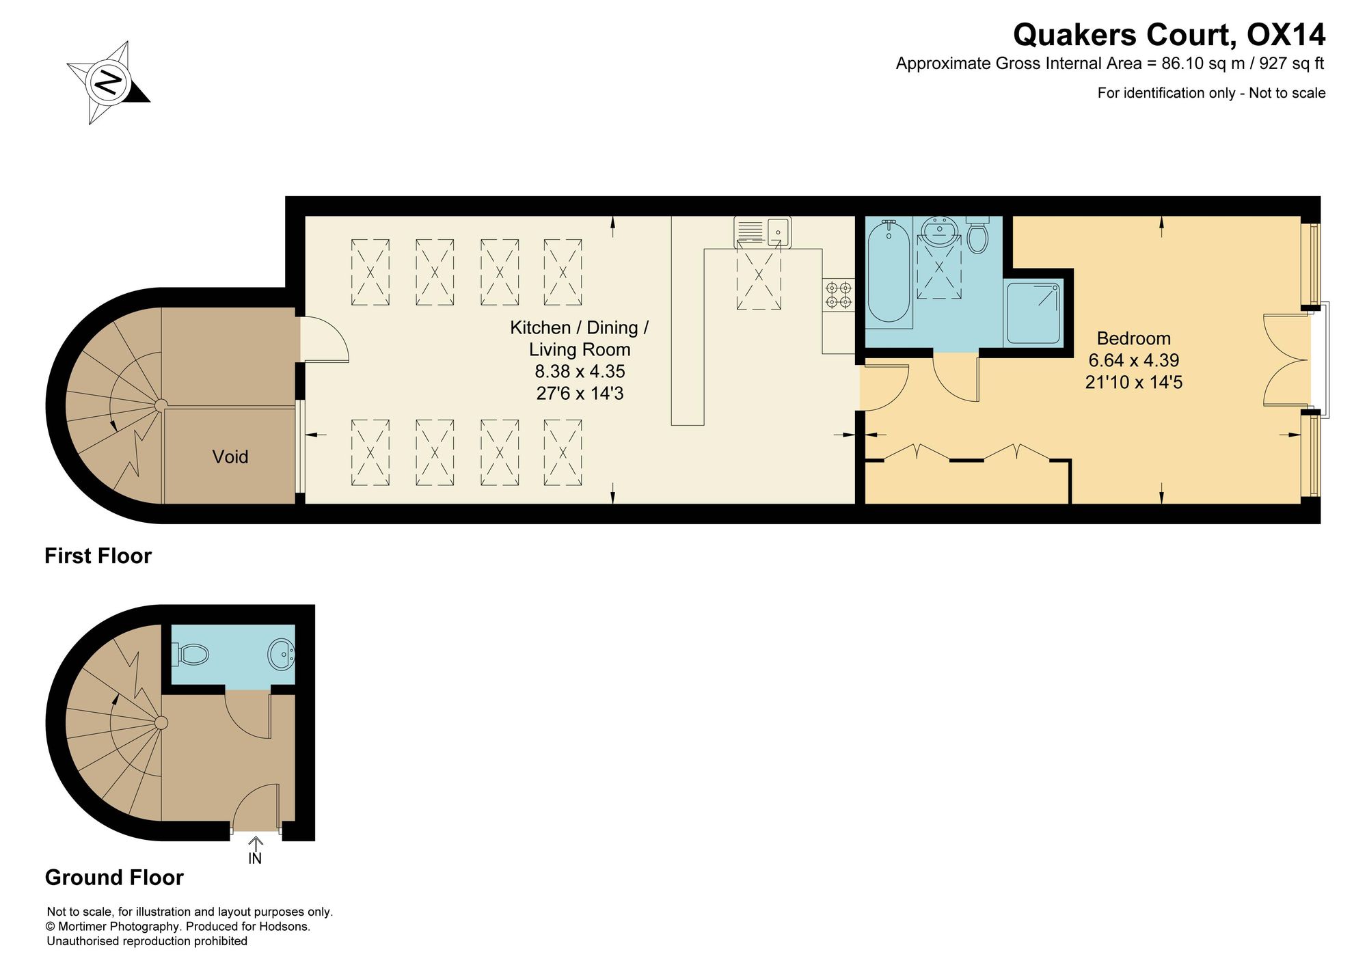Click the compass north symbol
[x=109, y=82]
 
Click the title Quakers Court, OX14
[x=1169, y=34]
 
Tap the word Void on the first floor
[x=230, y=457]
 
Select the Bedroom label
[x=1133, y=338]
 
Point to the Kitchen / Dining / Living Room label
[x=580, y=338]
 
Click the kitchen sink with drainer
[x=762, y=232]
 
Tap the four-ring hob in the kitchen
[x=839, y=295]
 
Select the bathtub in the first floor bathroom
[x=889, y=271]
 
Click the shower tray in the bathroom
[x=1034, y=313]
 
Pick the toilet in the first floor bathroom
[x=978, y=235]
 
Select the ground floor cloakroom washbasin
[x=281, y=655]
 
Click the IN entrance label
[x=255, y=858]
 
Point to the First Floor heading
[x=98, y=556]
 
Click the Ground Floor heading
[x=114, y=877]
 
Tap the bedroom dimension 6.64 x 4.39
[x=1134, y=360]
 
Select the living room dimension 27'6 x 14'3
[x=580, y=394]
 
